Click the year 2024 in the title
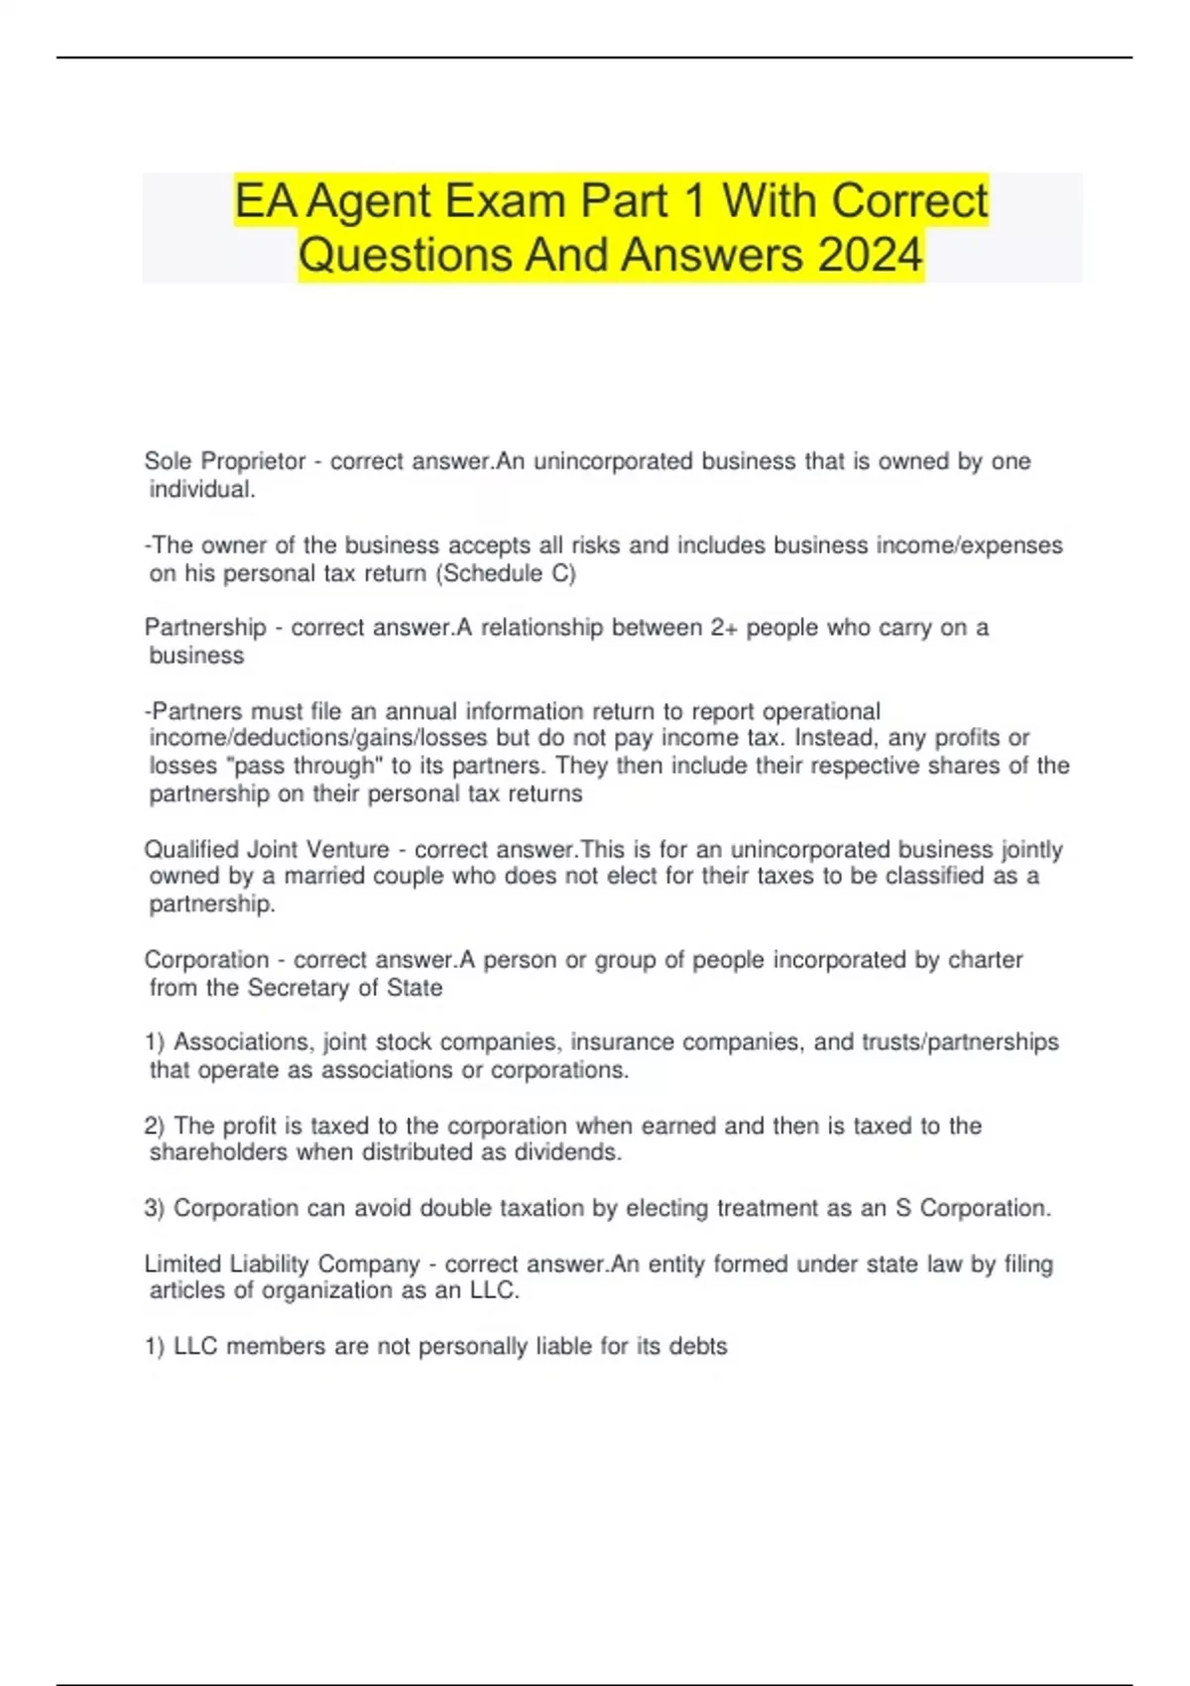(870, 255)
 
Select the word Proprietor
(253, 461)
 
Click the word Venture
(348, 850)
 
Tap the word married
(326, 876)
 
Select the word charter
(986, 960)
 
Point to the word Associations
(244, 1042)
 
